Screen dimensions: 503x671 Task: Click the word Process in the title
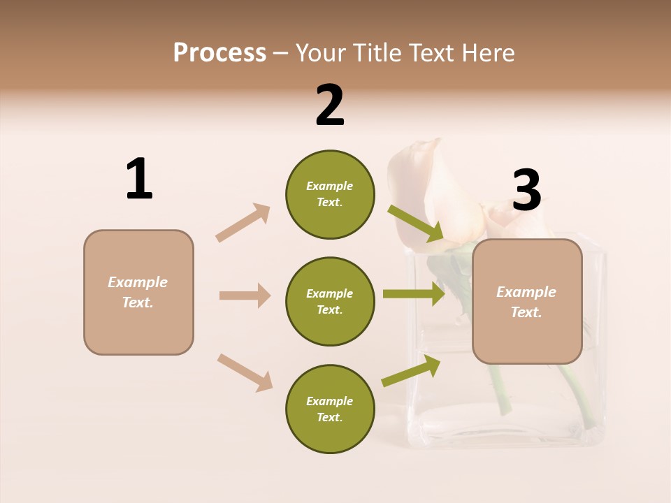tap(219, 53)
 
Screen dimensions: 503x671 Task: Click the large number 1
tap(139, 180)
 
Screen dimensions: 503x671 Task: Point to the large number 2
tap(330, 105)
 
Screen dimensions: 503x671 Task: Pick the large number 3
tap(526, 191)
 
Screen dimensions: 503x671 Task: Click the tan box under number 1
tap(138, 292)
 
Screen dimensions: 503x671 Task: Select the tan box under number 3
tap(527, 302)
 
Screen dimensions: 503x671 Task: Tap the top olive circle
tap(330, 194)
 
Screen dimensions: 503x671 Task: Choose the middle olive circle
tap(330, 302)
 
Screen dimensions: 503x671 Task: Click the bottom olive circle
tap(330, 409)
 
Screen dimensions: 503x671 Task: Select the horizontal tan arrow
tap(245, 296)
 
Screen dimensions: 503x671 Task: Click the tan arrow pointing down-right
tap(245, 372)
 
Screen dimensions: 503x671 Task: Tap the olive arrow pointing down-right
tap(416, 224)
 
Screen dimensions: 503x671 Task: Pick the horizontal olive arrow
tap(414, 293)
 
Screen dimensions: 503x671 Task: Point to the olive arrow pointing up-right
tap(411, 371)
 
